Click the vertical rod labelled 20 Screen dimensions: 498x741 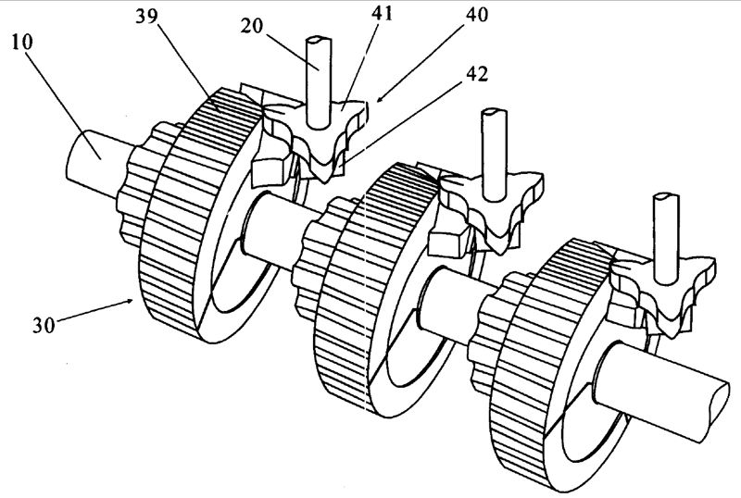point(317,79)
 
